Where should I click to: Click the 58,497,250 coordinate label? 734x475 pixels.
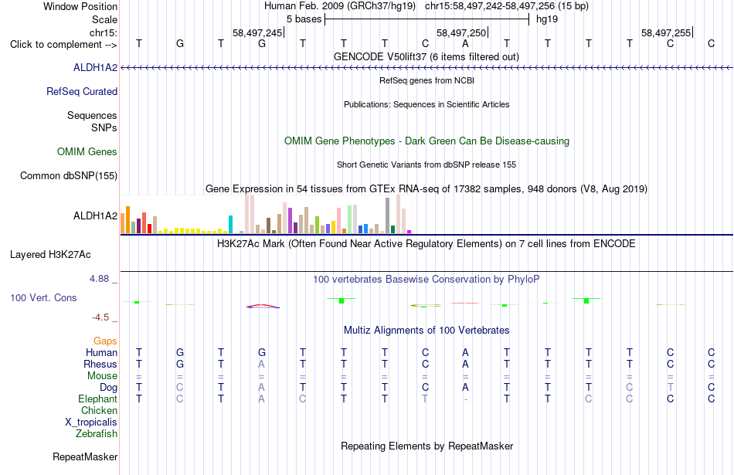point(461,32)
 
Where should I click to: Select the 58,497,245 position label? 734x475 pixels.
point(257,32)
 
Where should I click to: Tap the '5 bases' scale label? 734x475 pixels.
point(304,19)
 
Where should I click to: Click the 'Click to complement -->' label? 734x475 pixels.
point(63,45)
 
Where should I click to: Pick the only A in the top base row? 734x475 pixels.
point(465,44)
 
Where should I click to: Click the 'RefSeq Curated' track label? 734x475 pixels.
point(82,91)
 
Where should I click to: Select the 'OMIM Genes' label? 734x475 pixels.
point(87,151)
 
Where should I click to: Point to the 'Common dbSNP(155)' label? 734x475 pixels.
point(69,176)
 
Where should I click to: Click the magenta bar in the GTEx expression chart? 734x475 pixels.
point(409,232)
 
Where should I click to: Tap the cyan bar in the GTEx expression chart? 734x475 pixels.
point(230,224)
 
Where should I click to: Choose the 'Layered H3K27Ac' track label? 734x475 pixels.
point(50,255)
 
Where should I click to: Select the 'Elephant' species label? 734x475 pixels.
point(98,399)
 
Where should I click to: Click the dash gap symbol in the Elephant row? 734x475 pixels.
point(465,399)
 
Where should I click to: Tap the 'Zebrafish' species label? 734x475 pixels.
point(97,433)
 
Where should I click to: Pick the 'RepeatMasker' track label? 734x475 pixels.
point(85,456)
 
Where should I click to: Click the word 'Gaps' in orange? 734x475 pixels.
point(105,341)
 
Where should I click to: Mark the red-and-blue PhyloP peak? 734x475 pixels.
point(263,306)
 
